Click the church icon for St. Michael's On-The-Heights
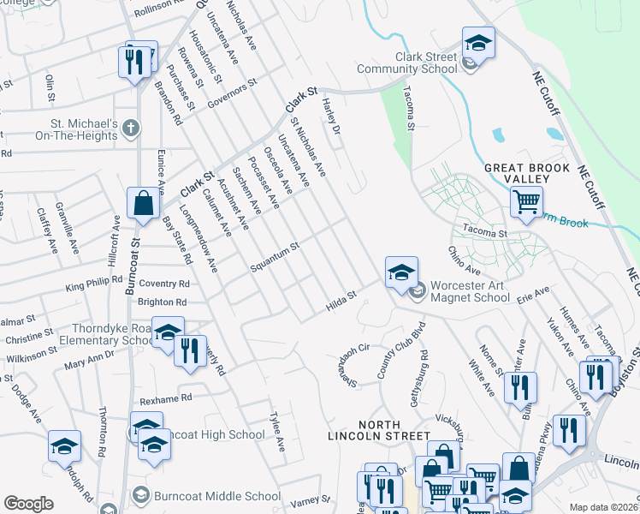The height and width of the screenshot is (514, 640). coord(130,128)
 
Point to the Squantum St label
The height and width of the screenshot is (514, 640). coord(274,258)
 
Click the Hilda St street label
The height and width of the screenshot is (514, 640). coord(340,302)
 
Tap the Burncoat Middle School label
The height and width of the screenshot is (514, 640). coord(216,496)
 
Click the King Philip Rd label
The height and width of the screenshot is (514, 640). coord(93,285)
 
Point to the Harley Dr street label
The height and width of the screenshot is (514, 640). coord(332,117)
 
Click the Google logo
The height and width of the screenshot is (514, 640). coord(28,504)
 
